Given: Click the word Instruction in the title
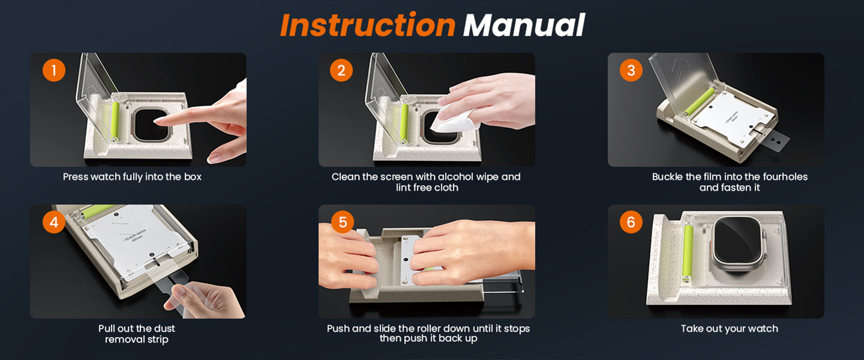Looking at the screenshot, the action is tap(368, 25).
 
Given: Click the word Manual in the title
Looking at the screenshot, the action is tap(524, 25).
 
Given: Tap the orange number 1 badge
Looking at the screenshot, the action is tap(54, 70).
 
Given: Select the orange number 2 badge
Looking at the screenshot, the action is tap(341, 70).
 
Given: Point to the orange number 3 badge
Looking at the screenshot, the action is tap(631, 70).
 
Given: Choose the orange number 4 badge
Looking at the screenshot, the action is tap(54, 222).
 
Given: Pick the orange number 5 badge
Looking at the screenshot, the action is tap(343, 222).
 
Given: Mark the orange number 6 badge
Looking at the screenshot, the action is tap(631, 222).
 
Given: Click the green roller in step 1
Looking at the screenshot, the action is tap(115, 120).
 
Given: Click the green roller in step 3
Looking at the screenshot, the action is tap(700, 101).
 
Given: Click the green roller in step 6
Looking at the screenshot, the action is tap(687, 251).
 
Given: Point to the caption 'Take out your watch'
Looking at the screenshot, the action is tap(729, 328).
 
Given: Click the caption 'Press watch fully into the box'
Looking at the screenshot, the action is tap(132, 177).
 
